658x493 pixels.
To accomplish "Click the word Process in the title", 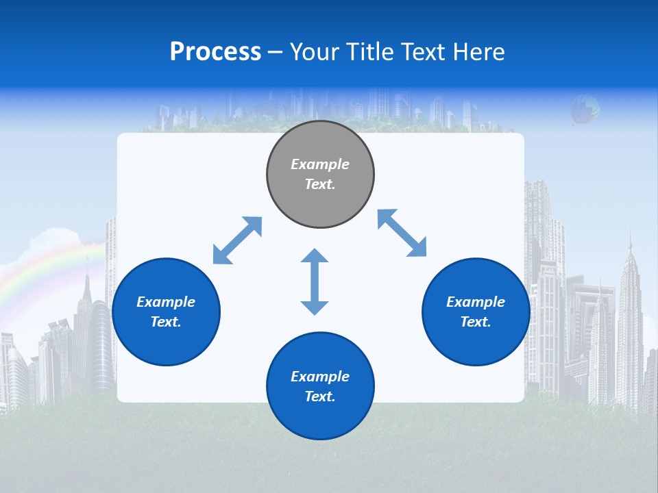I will point(215,52).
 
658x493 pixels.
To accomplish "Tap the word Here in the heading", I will point(479,52).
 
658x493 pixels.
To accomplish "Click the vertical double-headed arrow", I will point(315,282).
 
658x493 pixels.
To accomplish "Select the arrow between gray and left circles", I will point(237,240).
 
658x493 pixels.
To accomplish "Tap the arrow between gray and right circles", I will point(402,233).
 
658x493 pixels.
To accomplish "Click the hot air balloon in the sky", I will point(585,109).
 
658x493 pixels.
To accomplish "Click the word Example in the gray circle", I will point(320,164).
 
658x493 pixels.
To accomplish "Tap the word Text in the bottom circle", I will point(320,396).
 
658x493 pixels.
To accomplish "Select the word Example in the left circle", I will point(166,302).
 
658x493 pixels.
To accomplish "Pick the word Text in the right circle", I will point(476,322).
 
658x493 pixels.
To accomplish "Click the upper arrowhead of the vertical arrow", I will point(315,256).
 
